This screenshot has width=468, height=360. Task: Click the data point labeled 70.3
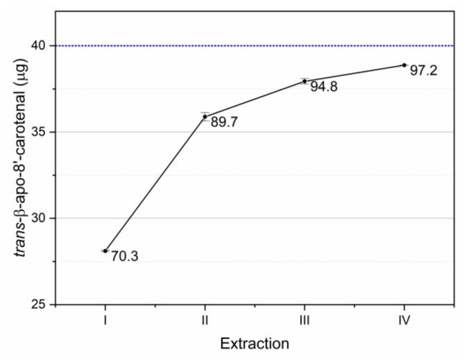tap(105, 251)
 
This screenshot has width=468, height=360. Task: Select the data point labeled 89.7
tap(205, 116)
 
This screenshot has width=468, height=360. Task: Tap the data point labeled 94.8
tap(304, 81)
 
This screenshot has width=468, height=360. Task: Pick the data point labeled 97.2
tap(404, 65)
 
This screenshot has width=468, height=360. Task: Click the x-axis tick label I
tap(105, 320)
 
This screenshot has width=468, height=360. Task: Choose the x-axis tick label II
tap(205, 320)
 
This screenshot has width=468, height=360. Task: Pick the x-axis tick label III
tap(304, 320)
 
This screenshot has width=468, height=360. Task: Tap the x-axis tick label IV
tap(404, 320)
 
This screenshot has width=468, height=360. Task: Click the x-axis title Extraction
tap(254, 343)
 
